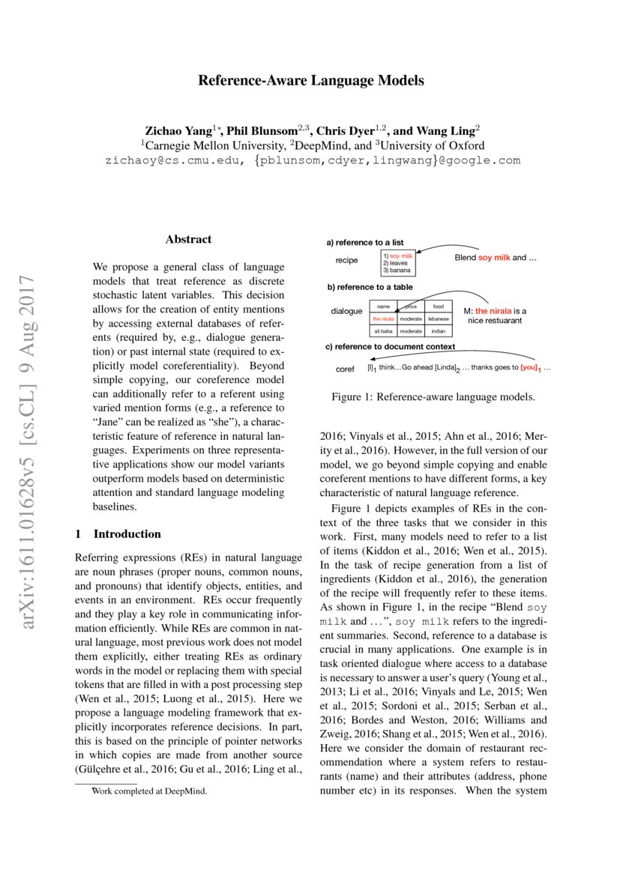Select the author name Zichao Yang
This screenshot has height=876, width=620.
[x=178, y=130]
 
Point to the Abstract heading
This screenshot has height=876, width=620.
[x=188, y=240]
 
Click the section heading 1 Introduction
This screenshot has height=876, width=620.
[x=118, y=534]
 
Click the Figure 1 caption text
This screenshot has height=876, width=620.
[x=434, y=396]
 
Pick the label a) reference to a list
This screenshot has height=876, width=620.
[x=364, y=243]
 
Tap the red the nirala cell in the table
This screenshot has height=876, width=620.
[x=383, y=318]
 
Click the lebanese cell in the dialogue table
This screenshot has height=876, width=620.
[x=438, y=318]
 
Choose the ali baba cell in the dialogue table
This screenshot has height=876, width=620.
[x=383, y=330]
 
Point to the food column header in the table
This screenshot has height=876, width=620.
[x=438, y=306]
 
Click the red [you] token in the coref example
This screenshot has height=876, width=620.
[x=529, y=369]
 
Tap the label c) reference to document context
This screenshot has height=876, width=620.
[x=390, y=347]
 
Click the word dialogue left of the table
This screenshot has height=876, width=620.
[x=346, y=311]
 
